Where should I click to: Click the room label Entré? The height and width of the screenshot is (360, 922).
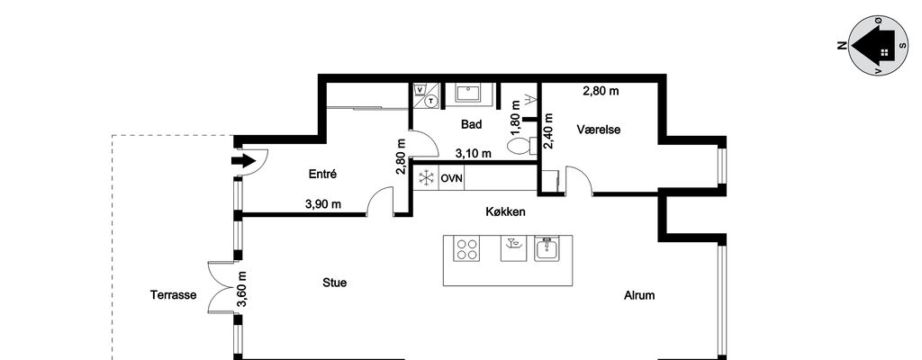322,174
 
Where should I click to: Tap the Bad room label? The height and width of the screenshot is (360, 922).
472,125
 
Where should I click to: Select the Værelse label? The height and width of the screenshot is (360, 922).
599,130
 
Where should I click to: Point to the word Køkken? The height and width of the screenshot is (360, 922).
506,211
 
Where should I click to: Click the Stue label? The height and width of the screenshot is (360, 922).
335,283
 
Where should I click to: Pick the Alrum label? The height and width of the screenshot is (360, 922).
639,295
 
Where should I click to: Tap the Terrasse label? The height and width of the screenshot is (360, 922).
173,295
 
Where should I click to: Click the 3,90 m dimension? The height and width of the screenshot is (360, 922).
323,204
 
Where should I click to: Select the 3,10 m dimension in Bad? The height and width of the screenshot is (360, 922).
474,154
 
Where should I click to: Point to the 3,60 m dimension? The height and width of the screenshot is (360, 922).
241,290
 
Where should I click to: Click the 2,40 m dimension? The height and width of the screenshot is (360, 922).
548,131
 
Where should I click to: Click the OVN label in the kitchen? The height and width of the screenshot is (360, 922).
452,177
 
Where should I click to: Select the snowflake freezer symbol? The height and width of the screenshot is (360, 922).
426,177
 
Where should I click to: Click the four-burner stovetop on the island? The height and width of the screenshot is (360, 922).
467,248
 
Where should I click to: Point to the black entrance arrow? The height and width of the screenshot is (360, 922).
243,160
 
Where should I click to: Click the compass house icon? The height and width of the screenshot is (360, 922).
872,47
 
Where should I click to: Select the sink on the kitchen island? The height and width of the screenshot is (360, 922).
547,248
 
